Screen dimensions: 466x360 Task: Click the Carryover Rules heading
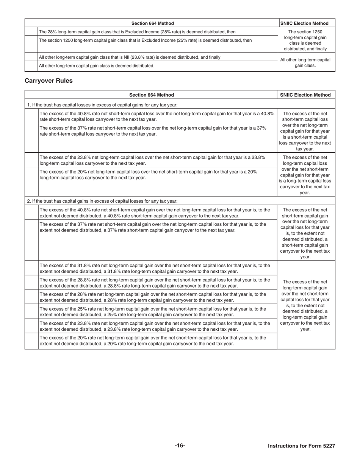49,81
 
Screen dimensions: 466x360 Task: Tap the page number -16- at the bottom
180,446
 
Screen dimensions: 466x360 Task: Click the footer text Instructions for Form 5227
301,446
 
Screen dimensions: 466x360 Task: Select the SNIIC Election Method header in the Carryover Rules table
305,95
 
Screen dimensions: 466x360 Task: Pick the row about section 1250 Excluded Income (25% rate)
145,40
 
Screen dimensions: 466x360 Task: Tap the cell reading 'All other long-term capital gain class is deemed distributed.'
97,66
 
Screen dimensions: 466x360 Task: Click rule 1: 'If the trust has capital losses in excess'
102,105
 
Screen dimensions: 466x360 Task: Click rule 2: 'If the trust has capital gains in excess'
102,201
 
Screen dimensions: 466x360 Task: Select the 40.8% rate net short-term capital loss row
157,116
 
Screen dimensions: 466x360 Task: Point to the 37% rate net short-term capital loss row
153,131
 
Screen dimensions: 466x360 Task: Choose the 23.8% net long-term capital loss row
152,160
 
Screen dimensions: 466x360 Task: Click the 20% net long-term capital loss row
148,174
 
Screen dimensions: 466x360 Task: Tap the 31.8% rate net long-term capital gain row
155,268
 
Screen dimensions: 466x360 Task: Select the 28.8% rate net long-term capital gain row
155,283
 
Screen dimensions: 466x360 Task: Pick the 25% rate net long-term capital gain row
153,311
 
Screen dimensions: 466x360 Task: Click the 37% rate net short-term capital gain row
153,227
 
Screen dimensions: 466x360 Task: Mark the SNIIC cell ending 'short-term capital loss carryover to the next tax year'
305,131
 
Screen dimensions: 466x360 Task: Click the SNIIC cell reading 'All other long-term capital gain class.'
305,63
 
